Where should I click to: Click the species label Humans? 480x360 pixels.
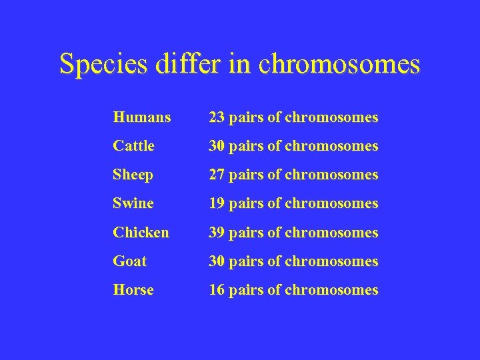pos(142,118)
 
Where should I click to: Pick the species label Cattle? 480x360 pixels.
pos(133,146)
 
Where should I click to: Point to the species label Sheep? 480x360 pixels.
pos(133,175)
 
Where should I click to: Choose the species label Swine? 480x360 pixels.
pos(133,203)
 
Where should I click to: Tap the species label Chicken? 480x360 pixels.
pos(141,233)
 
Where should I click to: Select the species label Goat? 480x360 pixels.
pos(130,261)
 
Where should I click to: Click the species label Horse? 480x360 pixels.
pos(133,290)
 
